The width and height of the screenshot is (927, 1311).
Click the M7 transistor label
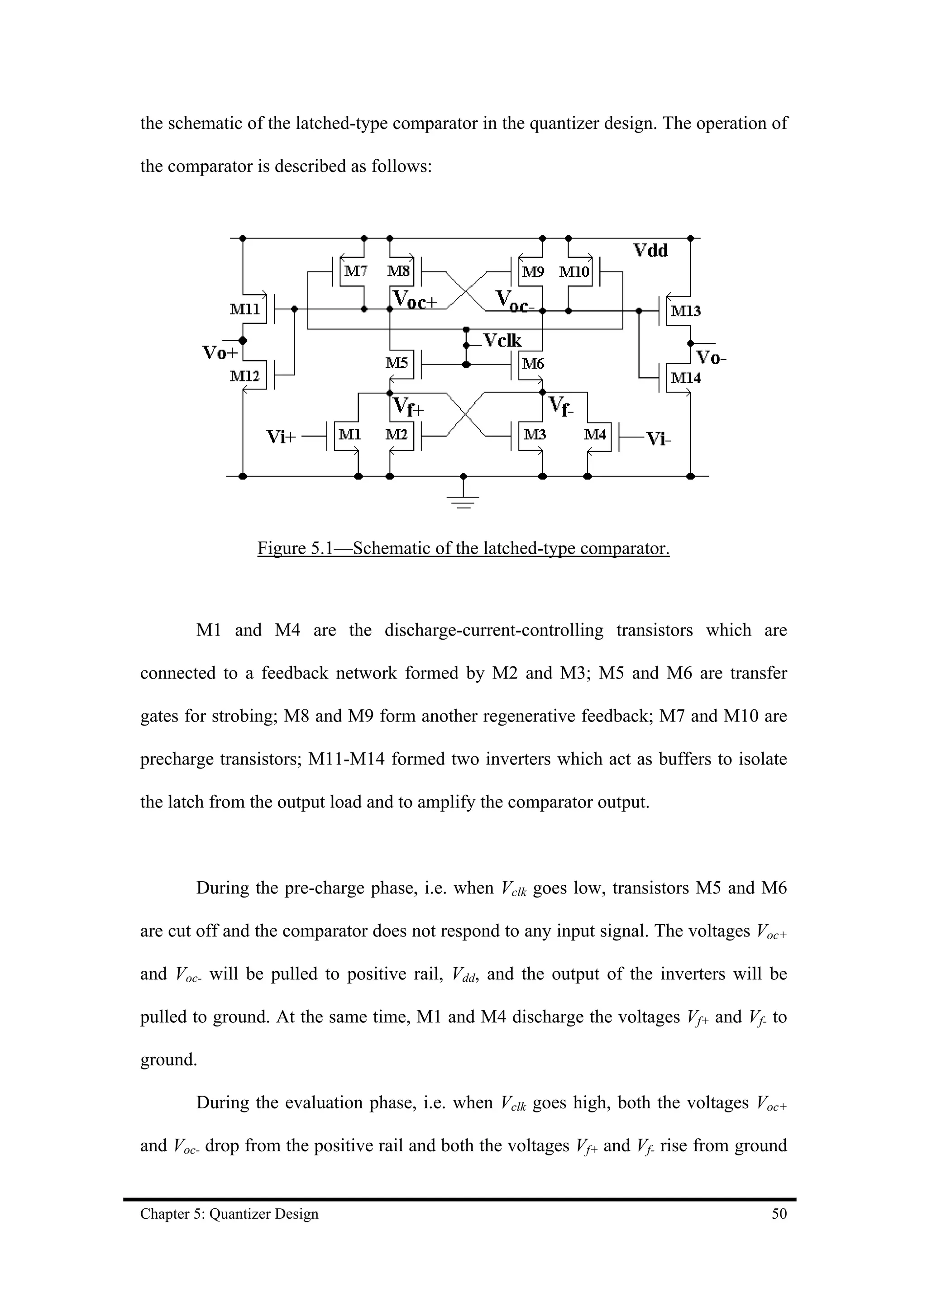coord(356,271)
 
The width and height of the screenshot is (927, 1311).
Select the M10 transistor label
coord(573,272)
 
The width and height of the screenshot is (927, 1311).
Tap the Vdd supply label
coord(650,251)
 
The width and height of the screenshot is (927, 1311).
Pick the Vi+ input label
coord(282,437)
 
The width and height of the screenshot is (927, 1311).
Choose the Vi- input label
coord(658,438)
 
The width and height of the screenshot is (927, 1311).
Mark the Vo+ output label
coord(220,353)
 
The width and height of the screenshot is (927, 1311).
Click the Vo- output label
coord(711,358)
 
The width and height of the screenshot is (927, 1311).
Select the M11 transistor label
coord(244,309)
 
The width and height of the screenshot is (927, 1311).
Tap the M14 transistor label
coord(685,378)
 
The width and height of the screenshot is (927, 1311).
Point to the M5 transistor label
coord(397,362)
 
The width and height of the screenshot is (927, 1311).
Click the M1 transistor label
coord(349,435)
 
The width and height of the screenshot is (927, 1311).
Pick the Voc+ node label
coord(415,300)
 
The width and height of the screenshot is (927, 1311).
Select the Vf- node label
coord(561,406)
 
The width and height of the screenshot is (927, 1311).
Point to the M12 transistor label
coord(244,376)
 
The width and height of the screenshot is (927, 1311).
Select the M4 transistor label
coord(595,435)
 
